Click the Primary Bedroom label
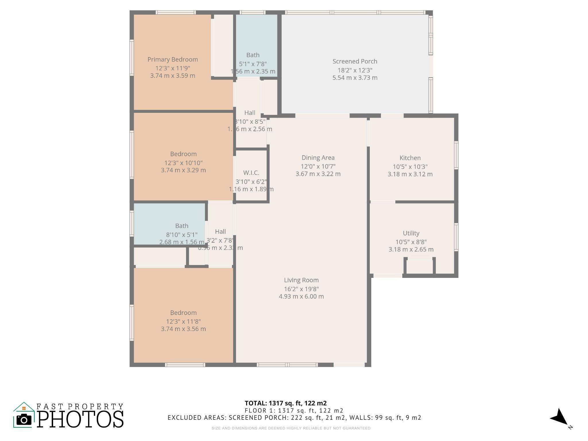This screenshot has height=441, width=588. click(173, 59)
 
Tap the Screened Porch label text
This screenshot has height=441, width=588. click(355, 61)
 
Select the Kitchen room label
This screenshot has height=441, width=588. click(410, 158)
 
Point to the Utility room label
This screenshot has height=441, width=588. click(411, 233)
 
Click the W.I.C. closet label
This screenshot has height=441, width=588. click(251, 173)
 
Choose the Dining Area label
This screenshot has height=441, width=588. click(318, 158)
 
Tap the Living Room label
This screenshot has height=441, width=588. click(301, 280)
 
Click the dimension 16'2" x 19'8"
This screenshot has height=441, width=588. click(301, 289)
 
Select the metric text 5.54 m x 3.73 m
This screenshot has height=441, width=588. click(355, 78)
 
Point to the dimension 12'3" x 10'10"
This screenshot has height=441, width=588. click(183, 163)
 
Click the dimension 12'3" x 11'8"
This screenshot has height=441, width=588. click(183, 322)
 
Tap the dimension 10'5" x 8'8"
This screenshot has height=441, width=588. click(411, 242)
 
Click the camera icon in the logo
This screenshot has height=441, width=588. click(24, 420)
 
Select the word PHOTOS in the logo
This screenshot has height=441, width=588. click(80, 419)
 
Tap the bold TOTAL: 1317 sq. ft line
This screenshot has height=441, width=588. click(285, 403)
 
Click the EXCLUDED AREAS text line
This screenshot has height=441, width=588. click(294, 418)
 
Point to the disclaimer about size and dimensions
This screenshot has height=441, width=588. click(291, 428)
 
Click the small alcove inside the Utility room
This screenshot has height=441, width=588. click(419, 267)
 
